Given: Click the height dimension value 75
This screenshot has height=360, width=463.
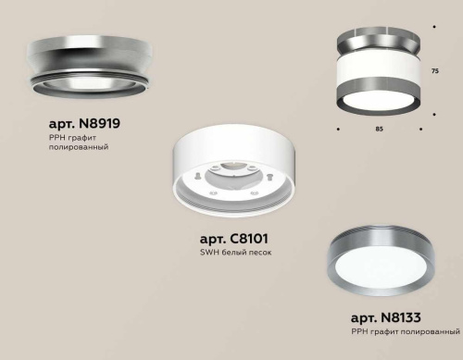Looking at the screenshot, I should [436, 69].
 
